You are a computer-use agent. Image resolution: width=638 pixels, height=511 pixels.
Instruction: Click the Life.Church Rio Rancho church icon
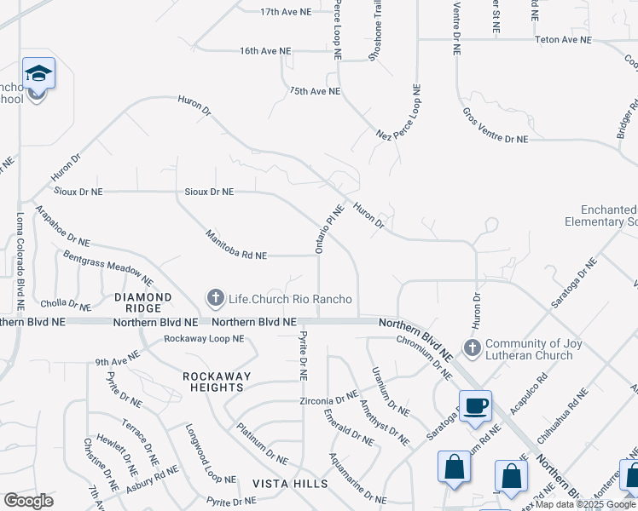215,297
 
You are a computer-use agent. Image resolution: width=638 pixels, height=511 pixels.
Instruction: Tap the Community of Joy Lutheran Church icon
471,347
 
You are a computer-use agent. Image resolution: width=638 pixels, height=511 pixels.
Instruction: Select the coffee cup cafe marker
475,405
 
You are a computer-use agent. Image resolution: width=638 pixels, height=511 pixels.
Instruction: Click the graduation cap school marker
38,75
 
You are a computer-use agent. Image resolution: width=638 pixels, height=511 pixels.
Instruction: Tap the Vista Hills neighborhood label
290,484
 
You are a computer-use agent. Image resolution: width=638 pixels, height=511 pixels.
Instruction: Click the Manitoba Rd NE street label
236,244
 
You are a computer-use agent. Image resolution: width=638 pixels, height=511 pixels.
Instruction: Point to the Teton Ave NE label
563,39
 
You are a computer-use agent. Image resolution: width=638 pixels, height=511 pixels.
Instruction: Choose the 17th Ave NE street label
287,12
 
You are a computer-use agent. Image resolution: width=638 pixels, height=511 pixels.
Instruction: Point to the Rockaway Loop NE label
204,338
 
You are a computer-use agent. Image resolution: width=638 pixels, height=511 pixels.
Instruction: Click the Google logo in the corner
28,500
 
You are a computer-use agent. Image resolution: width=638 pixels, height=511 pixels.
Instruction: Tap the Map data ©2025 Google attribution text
584,505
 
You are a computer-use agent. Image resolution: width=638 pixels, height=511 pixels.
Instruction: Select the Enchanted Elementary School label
607,215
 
